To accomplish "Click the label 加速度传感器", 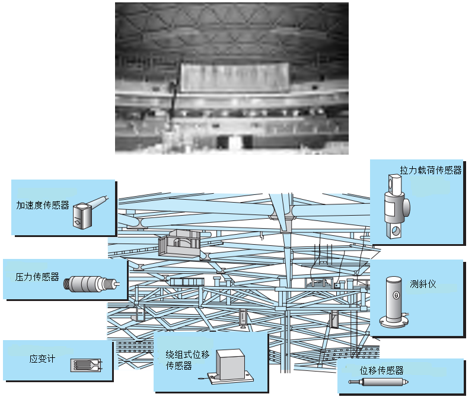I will pyautogui.click(x=43, y=206).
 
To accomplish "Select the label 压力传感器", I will pyautogui.click(x=37, y=277).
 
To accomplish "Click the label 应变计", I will pyautogui.click(x=42, y=359).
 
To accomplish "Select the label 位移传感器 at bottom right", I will pyautogui.click(x=382, y=371).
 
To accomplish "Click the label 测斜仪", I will pyautogui.click(x=423, y=284).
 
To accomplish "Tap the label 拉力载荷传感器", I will pyautogui.click(x=431, y=170).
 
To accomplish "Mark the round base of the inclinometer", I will pyautogui.click(x=394, y=323).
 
